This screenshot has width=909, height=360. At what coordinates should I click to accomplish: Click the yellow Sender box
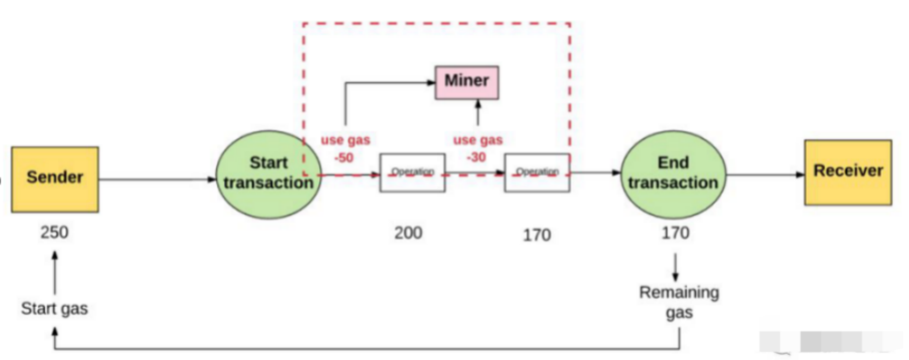coord(55,179)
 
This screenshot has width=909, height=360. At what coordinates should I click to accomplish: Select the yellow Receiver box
coord(848,173)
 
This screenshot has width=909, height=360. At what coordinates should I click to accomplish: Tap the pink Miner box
coord(467,82)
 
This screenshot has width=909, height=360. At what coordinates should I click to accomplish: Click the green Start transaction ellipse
coord(269,174)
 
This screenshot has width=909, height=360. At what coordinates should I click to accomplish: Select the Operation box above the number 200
coord(412,173)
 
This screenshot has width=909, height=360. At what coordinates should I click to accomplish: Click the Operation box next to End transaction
coord(537,173)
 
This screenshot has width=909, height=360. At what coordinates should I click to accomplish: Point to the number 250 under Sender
coord(54,233)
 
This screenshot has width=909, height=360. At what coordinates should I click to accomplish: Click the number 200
coord(408,233)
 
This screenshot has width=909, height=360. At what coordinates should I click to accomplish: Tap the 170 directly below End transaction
coord(675,233)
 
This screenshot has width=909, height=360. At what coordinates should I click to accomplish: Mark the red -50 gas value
coord(344,157)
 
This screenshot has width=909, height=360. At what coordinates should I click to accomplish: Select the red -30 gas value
coord(476,157)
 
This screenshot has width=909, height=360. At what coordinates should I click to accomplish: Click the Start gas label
coord(54,308)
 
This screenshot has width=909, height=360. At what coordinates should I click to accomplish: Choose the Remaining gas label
coord(679,302)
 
